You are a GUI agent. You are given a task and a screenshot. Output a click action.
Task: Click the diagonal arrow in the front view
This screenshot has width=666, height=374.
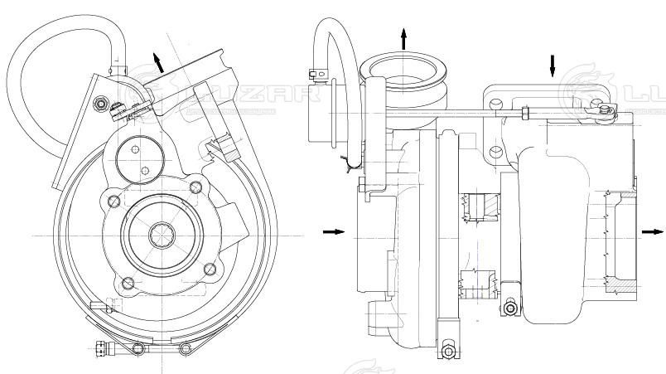coord(157,61)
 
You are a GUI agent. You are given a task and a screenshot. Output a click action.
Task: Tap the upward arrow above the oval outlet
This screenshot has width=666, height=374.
coord(404,37)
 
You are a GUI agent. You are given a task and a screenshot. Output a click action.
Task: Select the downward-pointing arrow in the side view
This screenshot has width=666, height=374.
coord(553,66)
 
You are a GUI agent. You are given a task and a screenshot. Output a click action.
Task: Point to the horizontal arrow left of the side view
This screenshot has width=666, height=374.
coord(333,231)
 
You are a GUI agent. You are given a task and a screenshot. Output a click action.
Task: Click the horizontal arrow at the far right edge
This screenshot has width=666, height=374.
coord(651,232)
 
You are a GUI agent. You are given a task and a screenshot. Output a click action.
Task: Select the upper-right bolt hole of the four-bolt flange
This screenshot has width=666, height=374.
coord(195,187)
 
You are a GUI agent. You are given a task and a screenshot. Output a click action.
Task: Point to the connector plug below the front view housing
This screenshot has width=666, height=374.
coord(104,348)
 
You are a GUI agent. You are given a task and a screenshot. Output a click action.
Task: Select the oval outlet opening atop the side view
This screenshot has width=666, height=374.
coord(403,67)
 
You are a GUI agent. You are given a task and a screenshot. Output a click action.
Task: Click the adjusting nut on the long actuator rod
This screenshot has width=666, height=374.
coord(524,111)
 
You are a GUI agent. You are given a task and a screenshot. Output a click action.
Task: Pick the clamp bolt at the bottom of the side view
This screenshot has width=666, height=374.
coord(448,351)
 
